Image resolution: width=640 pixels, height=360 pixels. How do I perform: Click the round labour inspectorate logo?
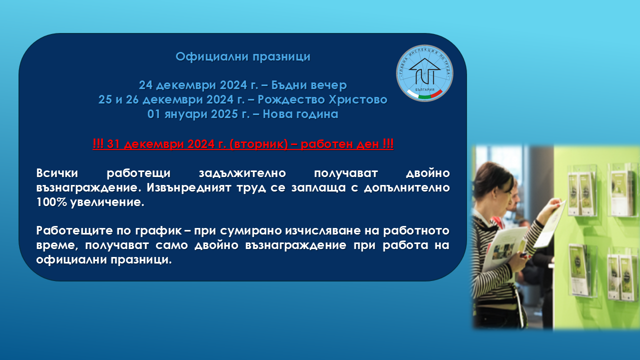[424, 73]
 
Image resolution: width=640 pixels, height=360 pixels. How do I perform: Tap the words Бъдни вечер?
[309, 85]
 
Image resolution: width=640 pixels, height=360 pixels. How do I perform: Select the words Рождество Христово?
[322, 99]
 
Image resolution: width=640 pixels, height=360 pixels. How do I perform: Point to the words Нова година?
[300, 114]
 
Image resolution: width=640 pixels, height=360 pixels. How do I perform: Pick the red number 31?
[113, 144]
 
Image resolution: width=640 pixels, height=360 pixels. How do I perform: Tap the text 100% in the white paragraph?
[51, 202]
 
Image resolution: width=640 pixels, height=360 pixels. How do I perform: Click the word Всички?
[57, 173]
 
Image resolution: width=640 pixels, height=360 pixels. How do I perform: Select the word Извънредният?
[189, 188]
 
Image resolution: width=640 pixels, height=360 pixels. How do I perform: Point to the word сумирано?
[251, 231]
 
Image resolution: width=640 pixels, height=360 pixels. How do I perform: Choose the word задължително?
[242, 173]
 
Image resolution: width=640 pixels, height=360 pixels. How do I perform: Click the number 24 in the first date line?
[145, 85]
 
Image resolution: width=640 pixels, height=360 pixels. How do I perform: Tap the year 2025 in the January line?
[224, 114]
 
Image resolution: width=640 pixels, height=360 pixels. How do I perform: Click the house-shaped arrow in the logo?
[424, 71]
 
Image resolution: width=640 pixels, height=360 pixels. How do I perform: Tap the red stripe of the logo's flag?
[436, 93]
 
